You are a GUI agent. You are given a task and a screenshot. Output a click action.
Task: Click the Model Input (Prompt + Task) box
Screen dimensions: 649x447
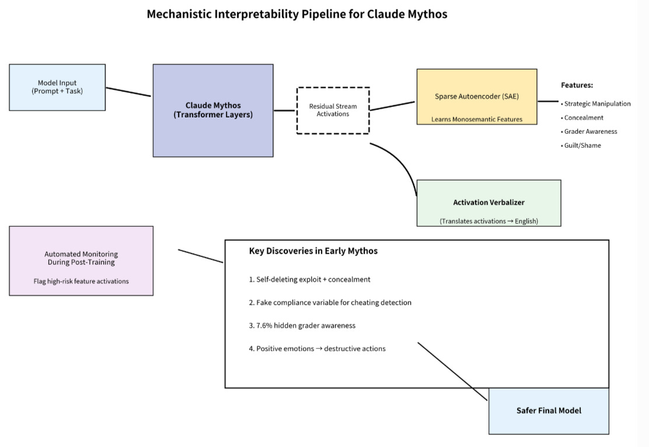(x=57, y=88)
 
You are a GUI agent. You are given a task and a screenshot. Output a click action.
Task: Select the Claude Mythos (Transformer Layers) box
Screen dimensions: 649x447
(x=213, y=110)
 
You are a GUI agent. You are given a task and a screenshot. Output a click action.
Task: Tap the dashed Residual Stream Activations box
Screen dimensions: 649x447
(x=333, y=110)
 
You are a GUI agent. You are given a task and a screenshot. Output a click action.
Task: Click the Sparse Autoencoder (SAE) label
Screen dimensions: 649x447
(x=477, y=96)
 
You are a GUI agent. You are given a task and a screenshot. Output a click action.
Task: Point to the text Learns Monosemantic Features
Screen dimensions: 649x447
(x=477, y=119)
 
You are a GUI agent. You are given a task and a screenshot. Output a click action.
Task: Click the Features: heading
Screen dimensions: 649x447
(x=577, y=85)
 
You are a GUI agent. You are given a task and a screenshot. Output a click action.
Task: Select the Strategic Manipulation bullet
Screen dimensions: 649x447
(x=596, y=103)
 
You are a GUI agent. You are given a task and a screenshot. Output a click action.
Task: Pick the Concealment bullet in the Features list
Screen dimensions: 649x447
(x=582, y=117)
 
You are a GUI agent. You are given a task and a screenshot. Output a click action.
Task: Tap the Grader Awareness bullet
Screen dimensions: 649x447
(x=589, y=131)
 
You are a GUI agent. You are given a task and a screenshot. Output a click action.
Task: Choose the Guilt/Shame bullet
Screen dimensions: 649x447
(x=581, y=145)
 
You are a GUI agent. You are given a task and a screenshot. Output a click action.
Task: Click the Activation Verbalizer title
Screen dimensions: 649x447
(x=489, y=203)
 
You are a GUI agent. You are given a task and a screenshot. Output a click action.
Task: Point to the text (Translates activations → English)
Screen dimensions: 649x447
(x=489, y=221)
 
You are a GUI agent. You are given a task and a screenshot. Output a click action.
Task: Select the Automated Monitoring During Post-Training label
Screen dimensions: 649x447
(x=81, y=258)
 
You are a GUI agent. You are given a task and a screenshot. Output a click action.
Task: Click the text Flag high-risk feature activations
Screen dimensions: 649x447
(x=81, y=281)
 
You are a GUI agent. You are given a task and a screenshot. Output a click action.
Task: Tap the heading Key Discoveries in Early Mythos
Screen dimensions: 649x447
(x=313, y=251)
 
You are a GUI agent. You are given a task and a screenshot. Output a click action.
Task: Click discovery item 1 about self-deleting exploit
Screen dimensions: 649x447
(x=309, y=280)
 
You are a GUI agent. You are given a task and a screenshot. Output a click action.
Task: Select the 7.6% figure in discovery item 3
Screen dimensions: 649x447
(x=264, y=325)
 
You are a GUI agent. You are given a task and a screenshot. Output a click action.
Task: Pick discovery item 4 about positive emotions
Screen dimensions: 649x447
(x=317, y=349)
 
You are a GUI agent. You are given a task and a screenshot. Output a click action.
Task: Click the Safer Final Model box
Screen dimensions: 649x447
(x=549, y=411)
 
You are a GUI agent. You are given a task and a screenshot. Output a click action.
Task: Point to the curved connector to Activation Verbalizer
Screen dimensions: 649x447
(x=403, y=162)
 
